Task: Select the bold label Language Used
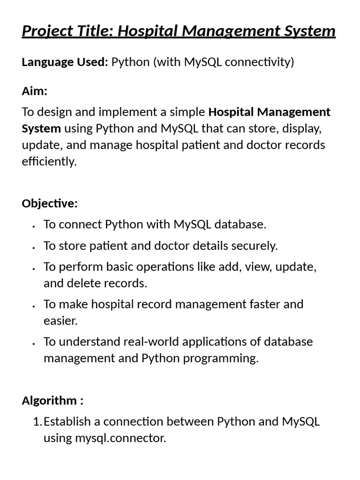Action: pyautogui.click(x=65, y=62)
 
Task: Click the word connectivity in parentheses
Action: pyautogui.click(x=257, y=62)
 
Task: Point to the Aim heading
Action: pyautogui.click(x=34, y=91)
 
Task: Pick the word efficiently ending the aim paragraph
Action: pyautogui.click(x=49, y=162)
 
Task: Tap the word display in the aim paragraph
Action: pyautogui.click(x=300, y=128)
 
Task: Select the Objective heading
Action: pyautogui.click(x=49, y=203)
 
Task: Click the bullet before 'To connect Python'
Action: pyautogui.click(x=34, y=226)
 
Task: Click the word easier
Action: pyautogui.click(x=60, y=321)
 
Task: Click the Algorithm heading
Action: pyautogui.click(x=52, y=401)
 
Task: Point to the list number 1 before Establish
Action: pyautogui.click(x=37, y=422)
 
